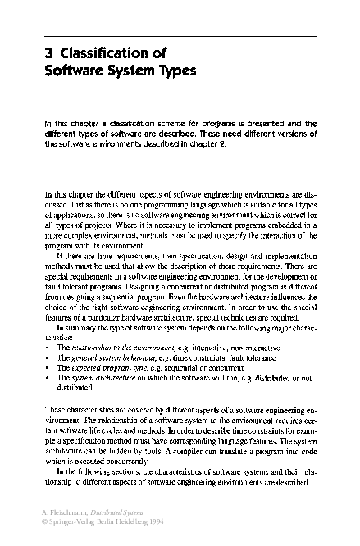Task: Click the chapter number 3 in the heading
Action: pyautogui.click(x=48, y=54)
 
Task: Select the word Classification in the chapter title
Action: pyautogui.click(x=103, y=54)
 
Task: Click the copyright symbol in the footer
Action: pyautogui.click(x=45, y=521)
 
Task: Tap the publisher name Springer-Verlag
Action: pyautogui.click(x=75, y=521)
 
